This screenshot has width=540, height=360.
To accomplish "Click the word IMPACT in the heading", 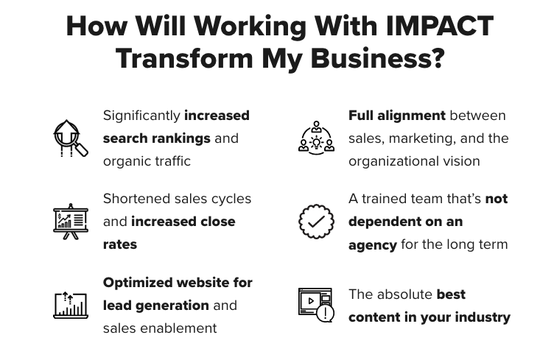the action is pos(440,26).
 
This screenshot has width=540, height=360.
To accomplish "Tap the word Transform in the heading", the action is pos(185,58).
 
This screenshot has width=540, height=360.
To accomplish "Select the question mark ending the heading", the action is pos(438,58).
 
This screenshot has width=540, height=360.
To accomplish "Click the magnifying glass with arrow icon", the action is pos(71,138).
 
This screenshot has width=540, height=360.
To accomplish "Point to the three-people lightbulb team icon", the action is pos(316,138).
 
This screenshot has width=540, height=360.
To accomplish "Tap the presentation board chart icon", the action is pos(71,222).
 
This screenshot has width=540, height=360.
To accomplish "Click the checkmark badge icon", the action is pos(316,222).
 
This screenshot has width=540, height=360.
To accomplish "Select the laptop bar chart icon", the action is pos(71,305).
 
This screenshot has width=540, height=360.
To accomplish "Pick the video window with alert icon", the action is pos(316,305).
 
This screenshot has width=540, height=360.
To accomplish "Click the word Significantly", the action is pos(141,116).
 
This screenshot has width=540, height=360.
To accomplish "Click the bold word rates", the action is pos(120,244).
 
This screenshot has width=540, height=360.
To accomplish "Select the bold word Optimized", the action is pos(138,283).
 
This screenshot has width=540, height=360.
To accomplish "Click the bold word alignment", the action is pos(412,116).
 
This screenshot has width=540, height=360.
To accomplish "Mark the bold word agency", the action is pos(373,245).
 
